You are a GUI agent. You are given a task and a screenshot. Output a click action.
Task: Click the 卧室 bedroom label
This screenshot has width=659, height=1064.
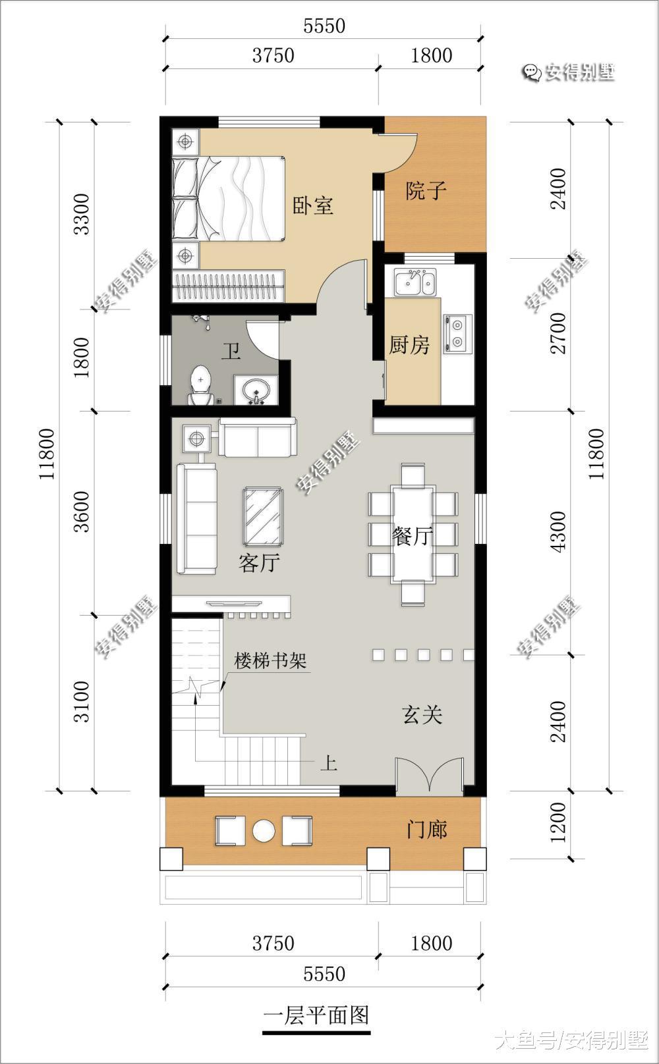pos(312,205)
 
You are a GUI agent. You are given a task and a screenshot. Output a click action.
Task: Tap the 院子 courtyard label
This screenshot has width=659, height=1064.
pos(426,191)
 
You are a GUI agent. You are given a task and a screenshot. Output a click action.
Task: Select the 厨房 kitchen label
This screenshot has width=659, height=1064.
pos(409,344)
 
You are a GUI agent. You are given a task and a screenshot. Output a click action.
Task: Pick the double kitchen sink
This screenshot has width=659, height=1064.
pos(415,283)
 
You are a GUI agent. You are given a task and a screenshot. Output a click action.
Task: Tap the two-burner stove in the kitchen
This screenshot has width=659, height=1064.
pos(457,333)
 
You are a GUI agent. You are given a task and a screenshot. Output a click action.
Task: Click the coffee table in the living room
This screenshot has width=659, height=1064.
pos(263,516)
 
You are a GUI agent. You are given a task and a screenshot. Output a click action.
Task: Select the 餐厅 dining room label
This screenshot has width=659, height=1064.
pos(413,537)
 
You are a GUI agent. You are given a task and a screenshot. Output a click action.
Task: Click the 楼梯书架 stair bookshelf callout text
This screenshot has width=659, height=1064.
pos(270,660)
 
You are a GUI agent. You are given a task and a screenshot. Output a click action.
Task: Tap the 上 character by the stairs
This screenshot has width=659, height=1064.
pos(329,764)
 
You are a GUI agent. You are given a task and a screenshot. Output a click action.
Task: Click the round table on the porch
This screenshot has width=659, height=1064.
pos(264,831)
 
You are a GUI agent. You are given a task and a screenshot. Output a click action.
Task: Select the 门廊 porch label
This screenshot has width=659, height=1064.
pos(427,830)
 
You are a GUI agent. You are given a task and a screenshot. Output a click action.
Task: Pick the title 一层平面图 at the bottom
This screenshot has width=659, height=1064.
pos(316,1015)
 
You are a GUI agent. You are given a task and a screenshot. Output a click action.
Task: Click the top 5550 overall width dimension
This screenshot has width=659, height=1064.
pos(324,26)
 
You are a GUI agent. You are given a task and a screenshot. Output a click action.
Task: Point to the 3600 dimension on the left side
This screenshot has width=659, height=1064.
pos(82,512)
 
